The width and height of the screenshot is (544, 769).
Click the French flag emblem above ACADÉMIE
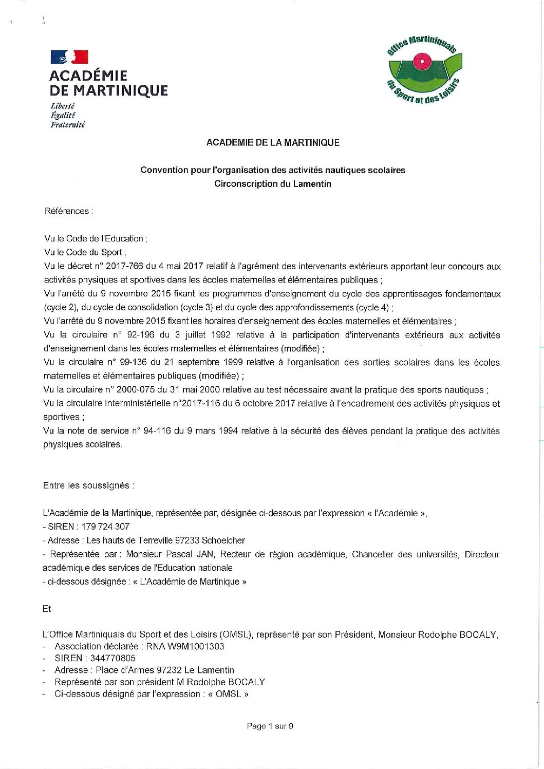click(x=69, y=57)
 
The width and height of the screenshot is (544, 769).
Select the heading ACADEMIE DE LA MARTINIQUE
click(x=273, y=143)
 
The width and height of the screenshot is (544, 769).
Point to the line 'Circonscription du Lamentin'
click(x=273, y=184)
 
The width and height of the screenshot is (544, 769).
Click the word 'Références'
click(x=67, y=211)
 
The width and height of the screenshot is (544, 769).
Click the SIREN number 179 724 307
click(x=105, y=527)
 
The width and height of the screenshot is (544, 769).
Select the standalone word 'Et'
click(x=47, y=609)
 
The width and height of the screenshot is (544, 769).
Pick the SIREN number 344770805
click(x=113, y=658)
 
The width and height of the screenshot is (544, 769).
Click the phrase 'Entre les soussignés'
click(x=88, y=485)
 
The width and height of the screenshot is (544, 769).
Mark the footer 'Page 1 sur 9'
click(x=270, y=726)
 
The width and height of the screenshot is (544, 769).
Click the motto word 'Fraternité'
click(x=67, y=125)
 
